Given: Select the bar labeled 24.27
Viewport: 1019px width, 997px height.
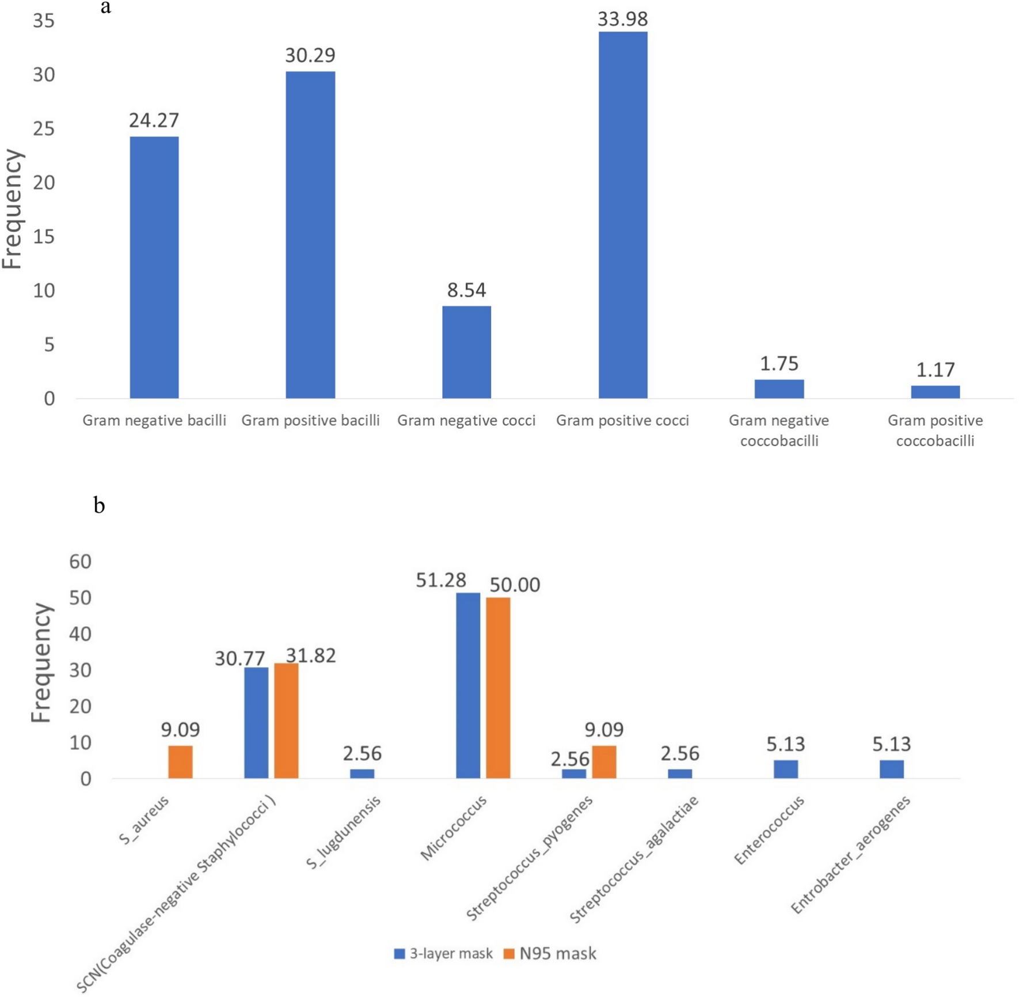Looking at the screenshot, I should [154, 267].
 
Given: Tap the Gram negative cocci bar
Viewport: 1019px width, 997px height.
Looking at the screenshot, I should [466, 352].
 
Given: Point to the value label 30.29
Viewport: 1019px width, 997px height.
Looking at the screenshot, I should [310, 55].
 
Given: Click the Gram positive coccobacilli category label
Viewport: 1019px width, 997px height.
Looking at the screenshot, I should [935, 430].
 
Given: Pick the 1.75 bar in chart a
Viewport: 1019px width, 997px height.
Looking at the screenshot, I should [779, 389].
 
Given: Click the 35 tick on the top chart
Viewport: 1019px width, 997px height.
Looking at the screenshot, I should [43, 21].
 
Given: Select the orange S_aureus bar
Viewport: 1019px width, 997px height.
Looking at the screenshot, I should [180, 761].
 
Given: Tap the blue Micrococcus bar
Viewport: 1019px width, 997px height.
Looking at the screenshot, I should [467, 685].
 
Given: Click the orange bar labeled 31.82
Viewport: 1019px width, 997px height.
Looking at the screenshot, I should [286, 721].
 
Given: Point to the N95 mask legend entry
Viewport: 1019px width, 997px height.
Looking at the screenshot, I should [550, 953].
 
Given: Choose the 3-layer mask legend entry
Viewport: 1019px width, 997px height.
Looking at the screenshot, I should [443, 953].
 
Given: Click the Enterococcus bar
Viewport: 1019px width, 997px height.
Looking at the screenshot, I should [785, 769].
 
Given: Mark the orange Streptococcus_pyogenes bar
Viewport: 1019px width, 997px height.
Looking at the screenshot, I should [604, 761].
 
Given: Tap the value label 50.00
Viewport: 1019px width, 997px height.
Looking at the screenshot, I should [515, 585].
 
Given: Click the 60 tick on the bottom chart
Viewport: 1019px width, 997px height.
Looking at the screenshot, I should [80, 562].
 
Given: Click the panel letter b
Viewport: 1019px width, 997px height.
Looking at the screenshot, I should [99, 505].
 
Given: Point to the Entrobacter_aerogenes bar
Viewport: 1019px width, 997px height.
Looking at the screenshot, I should [891, 769].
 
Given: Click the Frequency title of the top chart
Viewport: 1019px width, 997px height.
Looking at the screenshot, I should [13, 209].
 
